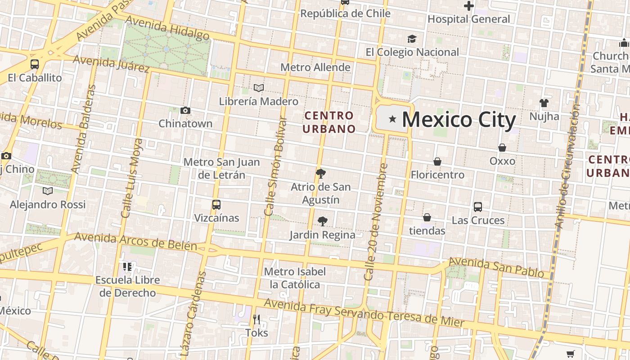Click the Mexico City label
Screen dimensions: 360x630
pos(459,120)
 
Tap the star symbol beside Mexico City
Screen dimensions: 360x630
pos(392,119)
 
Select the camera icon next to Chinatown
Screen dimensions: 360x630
pos(185,110)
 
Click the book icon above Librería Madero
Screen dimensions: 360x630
pos(259,88)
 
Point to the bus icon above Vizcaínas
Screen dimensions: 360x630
pos(216,205)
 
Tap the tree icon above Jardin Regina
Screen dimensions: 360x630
pos(322,221)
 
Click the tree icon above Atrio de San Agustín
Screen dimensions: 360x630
pos(321,173)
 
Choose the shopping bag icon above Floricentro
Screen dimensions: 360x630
pos(437,162)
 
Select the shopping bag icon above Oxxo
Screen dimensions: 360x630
pos(502,148)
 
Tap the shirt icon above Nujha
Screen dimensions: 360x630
pos(544,103)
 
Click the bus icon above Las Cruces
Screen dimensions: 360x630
pos(478,207)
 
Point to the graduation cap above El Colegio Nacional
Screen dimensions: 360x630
pos(412,39)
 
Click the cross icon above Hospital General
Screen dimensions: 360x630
pos(469,6)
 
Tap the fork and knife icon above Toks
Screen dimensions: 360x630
pos(256,319)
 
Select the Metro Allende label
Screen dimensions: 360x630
pos(315,67)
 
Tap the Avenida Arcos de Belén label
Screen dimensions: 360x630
pos(135,241)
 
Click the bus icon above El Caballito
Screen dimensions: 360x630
pos(35,64)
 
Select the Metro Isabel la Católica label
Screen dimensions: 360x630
pos(295,278)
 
